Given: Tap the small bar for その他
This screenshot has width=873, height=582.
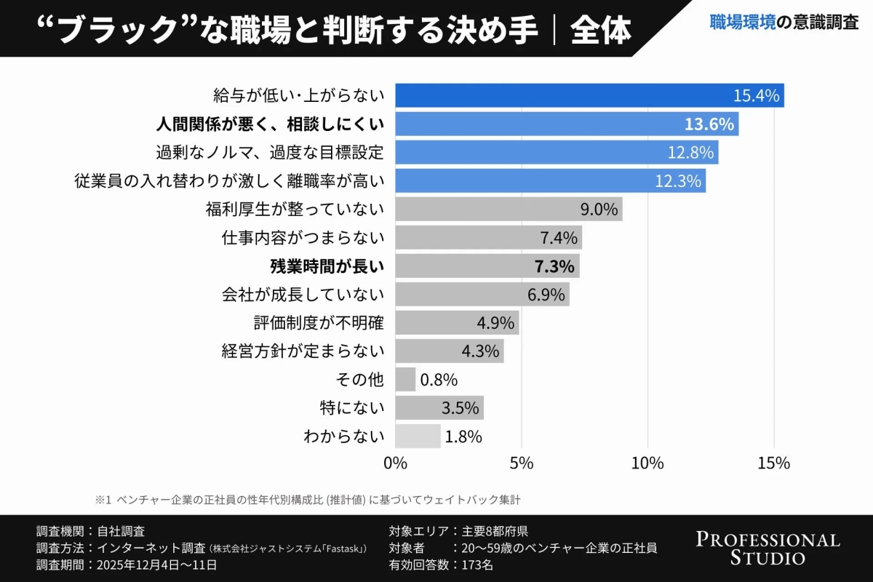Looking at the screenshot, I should (x=405, y=379).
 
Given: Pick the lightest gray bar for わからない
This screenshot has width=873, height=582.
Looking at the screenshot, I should (x=418, y=436).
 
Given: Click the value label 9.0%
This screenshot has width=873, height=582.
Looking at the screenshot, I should (x=599, y=210).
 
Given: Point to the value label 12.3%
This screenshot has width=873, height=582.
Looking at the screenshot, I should (x=677, y=181).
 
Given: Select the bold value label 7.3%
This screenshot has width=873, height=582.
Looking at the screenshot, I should (x=554, y=266).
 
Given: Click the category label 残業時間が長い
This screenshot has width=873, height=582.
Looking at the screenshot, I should (x=327, y=266).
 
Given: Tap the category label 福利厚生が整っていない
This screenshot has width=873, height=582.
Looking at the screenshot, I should (x=295, y=210).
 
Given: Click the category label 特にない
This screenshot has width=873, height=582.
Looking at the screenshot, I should (x=351, y=407).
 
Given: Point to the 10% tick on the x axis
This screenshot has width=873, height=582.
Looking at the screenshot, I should (x=647, y=463).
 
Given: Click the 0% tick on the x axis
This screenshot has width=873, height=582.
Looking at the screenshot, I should (x=395, y=463).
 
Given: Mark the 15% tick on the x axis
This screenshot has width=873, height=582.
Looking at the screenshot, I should (x=773, y=463).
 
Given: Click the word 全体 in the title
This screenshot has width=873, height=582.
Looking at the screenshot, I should (x=600, y=30).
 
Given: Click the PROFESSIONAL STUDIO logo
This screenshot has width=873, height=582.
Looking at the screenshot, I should (x=768, y=549).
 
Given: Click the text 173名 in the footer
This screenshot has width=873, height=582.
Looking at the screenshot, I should (x=477, y=565).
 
